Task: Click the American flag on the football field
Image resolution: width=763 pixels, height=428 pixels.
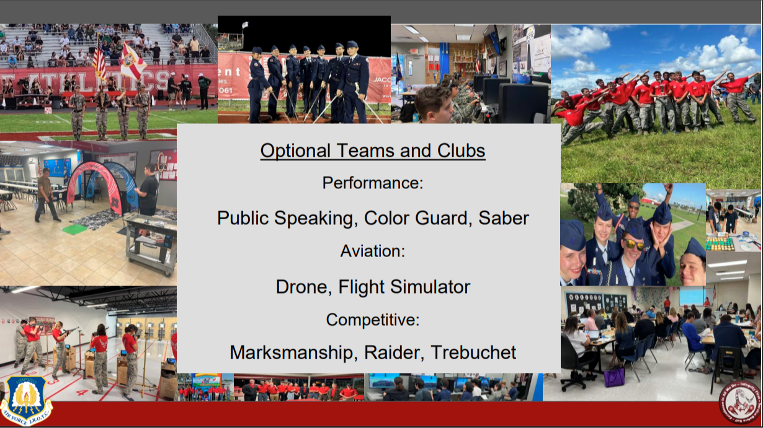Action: pos(99,60)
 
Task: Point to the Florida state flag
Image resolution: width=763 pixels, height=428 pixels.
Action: pos(132,61)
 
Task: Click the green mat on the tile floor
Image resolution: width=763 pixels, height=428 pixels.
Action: pos(74,229)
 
